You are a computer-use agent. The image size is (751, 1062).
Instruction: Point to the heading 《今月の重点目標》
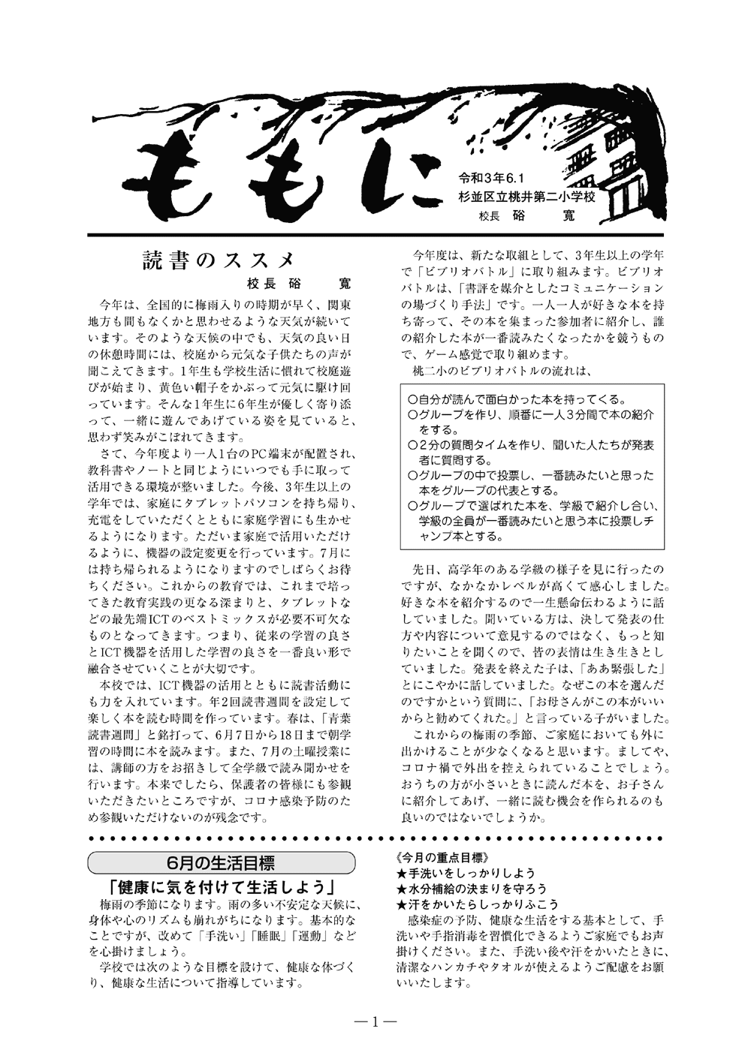[442, 856]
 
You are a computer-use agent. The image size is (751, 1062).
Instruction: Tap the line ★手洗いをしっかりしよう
[466, 873]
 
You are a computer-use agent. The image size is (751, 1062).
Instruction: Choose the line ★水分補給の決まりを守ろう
[471, 889]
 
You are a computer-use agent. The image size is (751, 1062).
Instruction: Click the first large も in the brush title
[180, 184]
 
